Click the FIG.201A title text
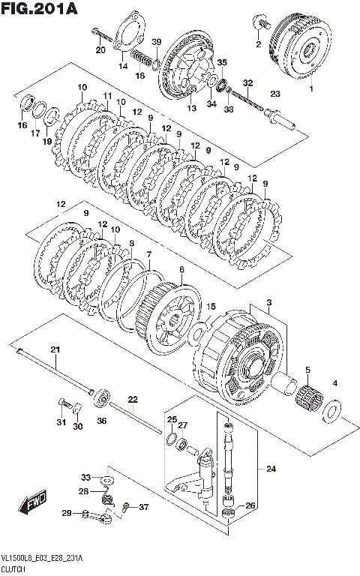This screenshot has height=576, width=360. pos(39,8)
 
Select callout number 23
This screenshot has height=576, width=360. pos(275,94)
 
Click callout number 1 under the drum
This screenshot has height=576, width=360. pos(311,88)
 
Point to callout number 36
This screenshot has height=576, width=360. pos(102,420)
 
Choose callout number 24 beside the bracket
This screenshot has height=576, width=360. pos(271,469)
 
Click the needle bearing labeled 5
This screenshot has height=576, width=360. pos(309,395)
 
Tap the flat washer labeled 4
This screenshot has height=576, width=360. pos(331,409)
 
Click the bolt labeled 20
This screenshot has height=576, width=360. pos(102,34)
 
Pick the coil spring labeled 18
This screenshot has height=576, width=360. pos(141,58)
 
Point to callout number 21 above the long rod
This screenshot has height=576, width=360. pos(55,349)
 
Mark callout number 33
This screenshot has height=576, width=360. pos(85,478)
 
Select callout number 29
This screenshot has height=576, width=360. pos(67,513)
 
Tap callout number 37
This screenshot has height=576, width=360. pos(144,507)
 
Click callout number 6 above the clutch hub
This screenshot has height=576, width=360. pos(181,270)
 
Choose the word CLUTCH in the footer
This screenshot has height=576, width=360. pos(13,569)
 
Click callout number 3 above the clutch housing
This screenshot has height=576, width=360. pos(269,303)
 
